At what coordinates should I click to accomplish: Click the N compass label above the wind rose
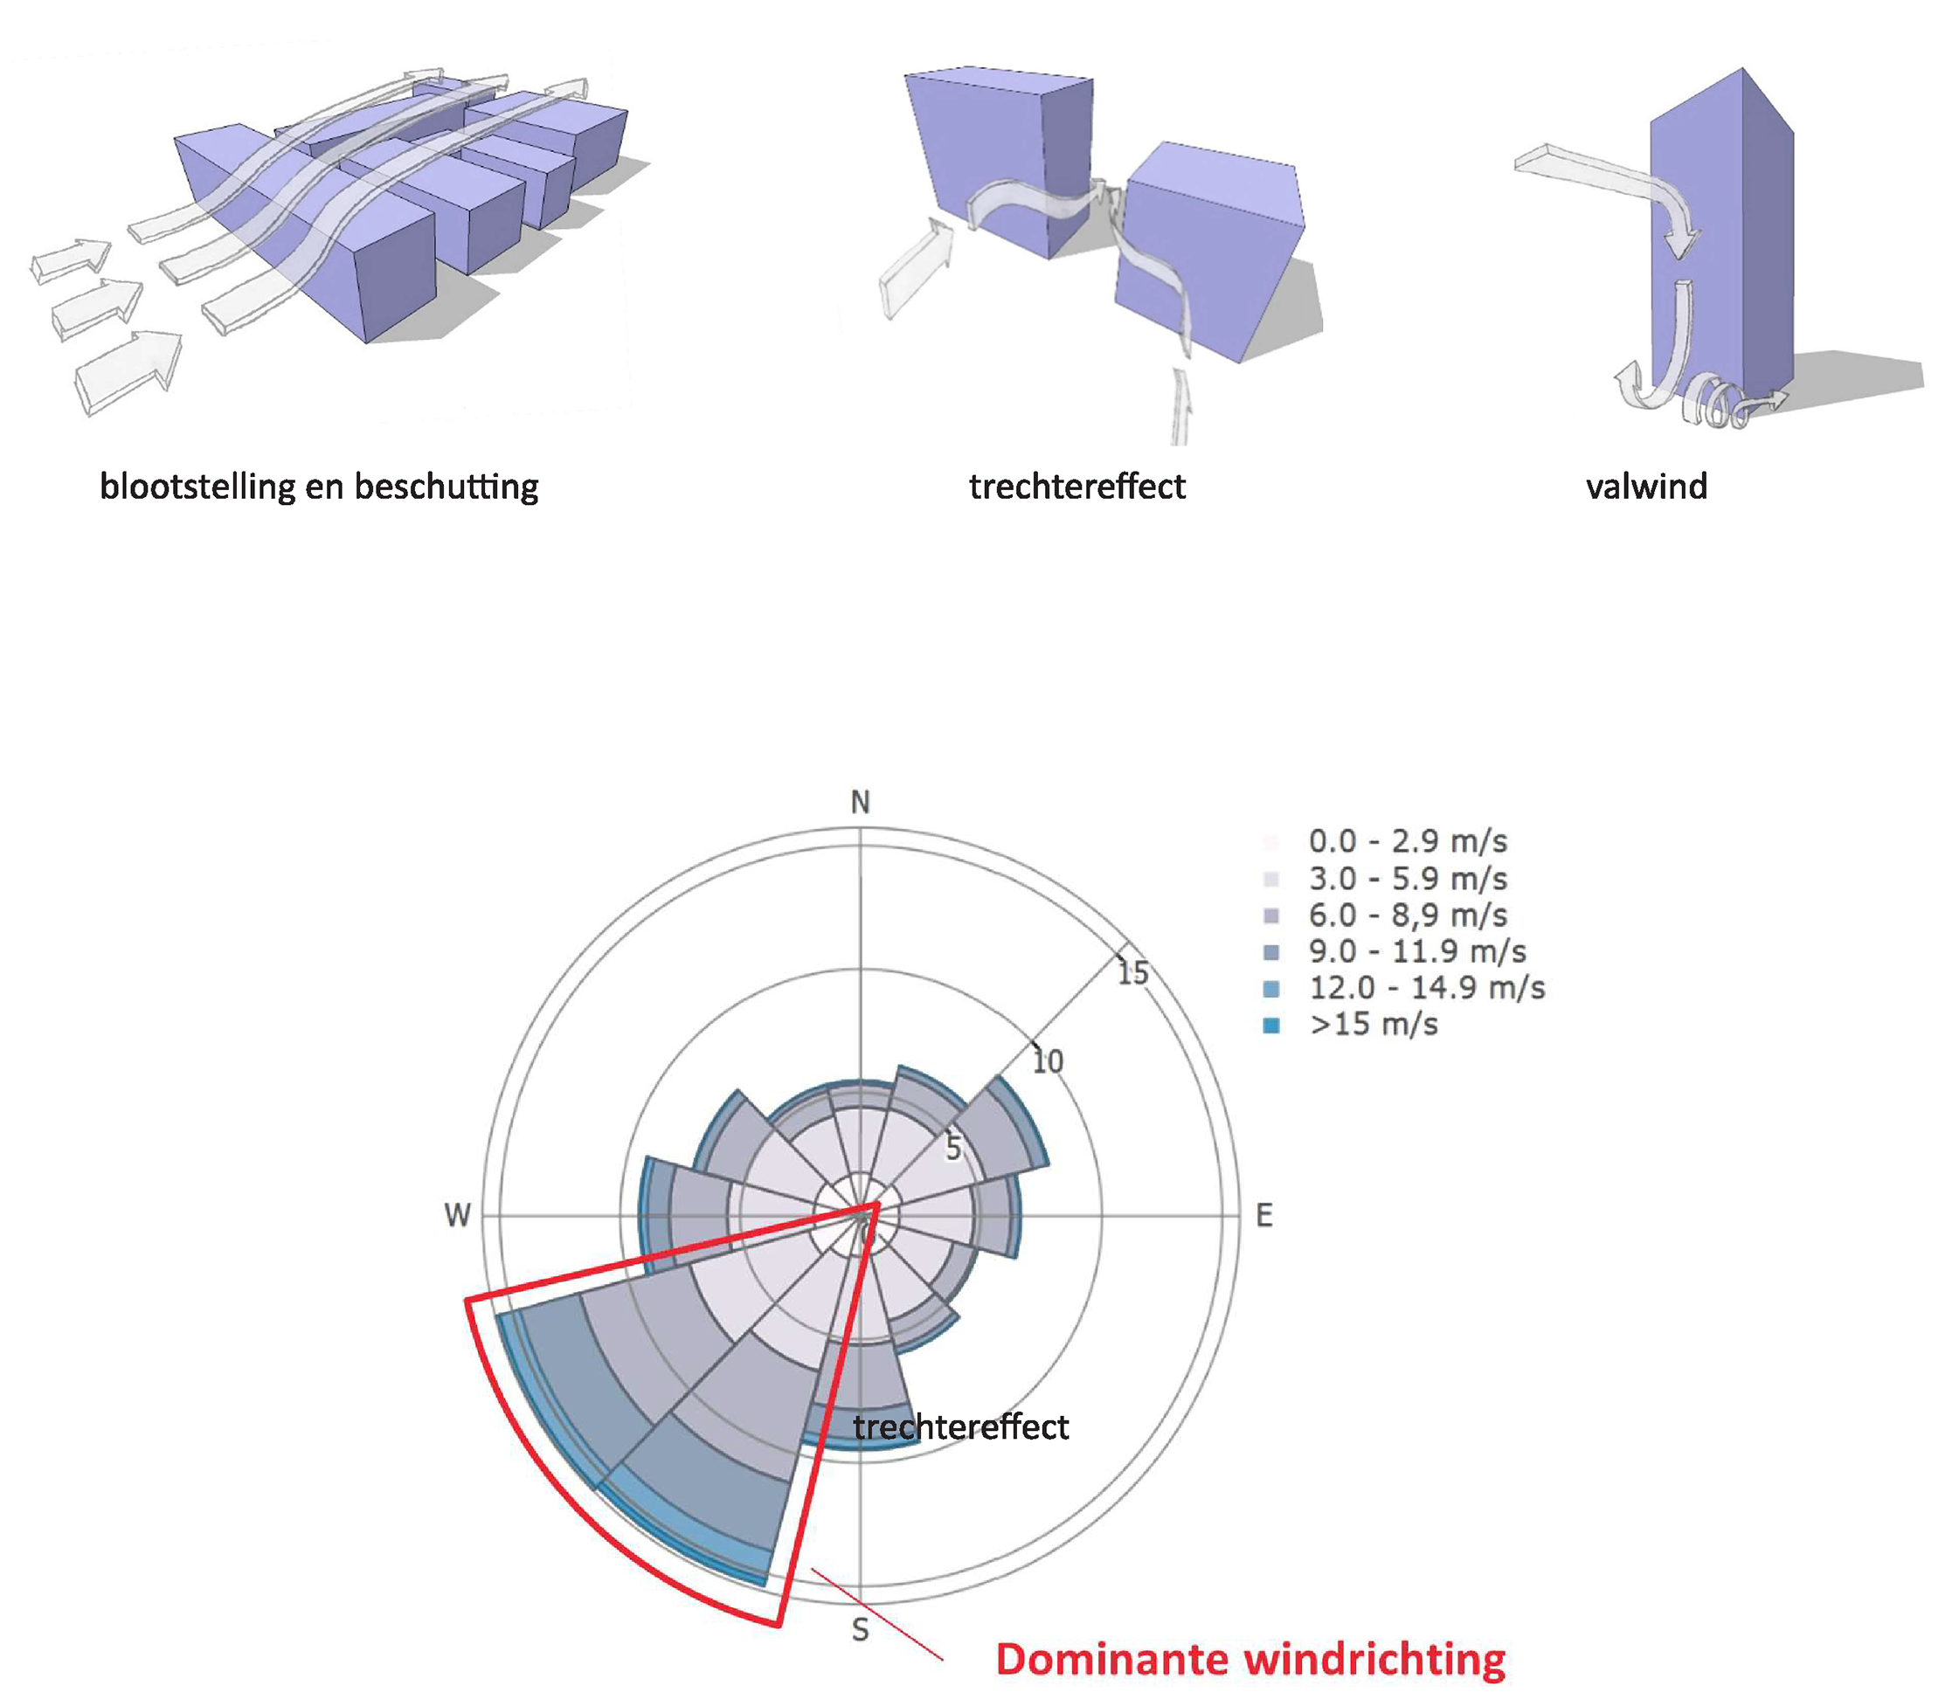tap(860, 803)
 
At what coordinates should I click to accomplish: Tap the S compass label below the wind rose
tap(860, 1630)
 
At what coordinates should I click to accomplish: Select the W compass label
tap(458, 1216)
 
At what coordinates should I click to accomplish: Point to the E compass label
tap(1263, 1216)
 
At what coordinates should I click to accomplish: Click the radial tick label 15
tap(1132, 973)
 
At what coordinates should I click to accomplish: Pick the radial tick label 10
tap(1048, 1061)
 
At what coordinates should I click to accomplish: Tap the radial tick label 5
tap(953, 1149)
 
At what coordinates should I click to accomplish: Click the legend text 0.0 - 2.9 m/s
tap(1408, 841)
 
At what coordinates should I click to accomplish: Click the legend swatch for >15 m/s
tap(1270, 1026)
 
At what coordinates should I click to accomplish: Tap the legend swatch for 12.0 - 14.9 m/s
tap(1270, 989)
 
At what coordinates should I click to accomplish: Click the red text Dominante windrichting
tap(1250, 1660)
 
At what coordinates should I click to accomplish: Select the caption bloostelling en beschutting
tap(319, 487)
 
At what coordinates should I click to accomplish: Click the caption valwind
tap(1647, 487)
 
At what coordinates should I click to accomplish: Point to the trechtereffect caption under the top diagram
tap(1077, 487)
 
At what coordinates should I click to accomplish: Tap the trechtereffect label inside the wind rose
tap(961, 1427)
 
